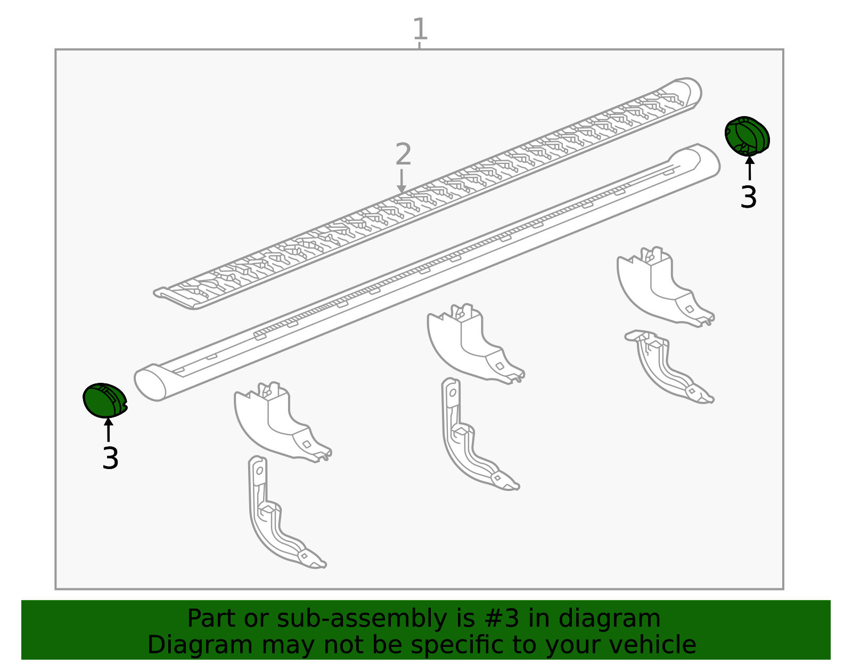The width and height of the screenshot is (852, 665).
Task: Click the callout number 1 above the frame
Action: point(420,29)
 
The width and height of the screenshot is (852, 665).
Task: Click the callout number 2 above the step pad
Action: point(403,154)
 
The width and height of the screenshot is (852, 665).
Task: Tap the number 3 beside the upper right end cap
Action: point(748,198)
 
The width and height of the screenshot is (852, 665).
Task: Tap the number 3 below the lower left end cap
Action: point(110,458)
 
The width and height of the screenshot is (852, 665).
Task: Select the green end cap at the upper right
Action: point(747,136)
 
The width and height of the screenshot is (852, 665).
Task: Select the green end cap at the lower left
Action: point(105,400)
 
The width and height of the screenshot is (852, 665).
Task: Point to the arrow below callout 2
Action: point(401,181)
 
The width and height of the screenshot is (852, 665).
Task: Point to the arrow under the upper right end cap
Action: point(750,168)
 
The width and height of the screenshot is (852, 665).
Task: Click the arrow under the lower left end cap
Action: point(109,430)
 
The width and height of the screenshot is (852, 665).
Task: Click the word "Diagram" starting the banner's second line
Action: point(200,645)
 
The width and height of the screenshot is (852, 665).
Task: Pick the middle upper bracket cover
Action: point(476,343)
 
